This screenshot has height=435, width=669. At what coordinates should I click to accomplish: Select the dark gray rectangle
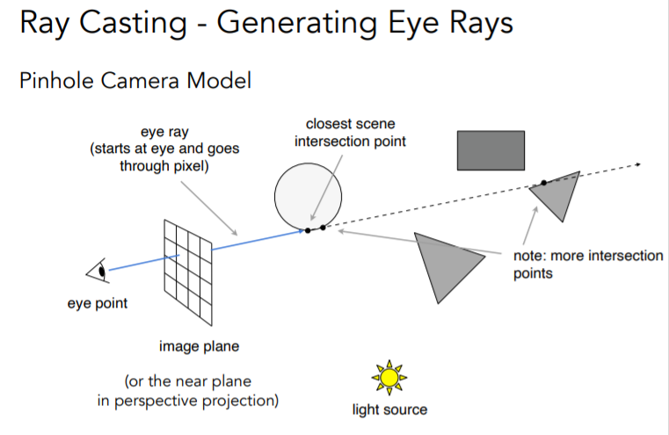pyautogui.click(x=491, y=149)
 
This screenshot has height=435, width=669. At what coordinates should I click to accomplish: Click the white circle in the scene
pyautogui.click(x=308, y=194)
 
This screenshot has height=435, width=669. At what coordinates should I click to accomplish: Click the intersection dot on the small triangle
pyautogui.click(x=543, y=183)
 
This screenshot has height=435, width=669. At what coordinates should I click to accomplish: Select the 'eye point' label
pyautogui.click(x=98, y=304)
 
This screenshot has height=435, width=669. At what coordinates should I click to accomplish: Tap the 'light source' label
pyautogui.click(x=389, y=410)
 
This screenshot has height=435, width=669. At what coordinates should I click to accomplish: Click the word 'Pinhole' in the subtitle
pyautogui.click(x=55, y=81)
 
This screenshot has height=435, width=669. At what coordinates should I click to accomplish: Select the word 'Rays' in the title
pyautogui.click(x=478, y=24)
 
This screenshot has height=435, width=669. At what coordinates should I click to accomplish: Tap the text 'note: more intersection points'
pyautogui.click(x=587, y=265)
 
